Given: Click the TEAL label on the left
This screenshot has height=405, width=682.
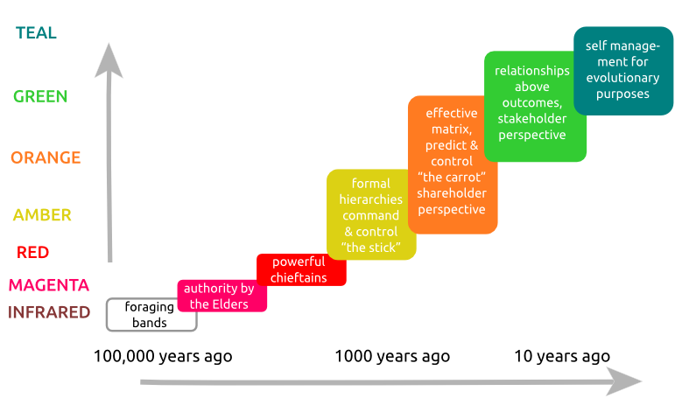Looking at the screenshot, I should coord(36,33).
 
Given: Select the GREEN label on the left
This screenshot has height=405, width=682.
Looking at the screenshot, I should coord(40,96).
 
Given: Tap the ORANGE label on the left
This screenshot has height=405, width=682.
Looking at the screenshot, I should coord(46,158).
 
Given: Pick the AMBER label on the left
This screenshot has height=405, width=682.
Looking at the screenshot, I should coord(42,215).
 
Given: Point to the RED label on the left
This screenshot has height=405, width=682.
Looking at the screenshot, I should coord(33,252).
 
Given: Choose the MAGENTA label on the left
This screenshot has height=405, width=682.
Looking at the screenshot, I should coord(49,284).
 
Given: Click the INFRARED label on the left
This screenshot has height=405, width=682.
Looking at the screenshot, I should coord(49,312).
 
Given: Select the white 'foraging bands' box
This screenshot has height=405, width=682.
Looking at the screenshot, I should coord(151,315).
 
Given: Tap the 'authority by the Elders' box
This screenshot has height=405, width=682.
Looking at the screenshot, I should coord(221,297).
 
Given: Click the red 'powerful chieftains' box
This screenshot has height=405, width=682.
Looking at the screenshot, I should coord(301,269).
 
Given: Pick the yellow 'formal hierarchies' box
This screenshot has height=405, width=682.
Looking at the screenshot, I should coord(370,215).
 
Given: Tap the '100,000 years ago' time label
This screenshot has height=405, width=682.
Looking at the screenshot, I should coord(163,357).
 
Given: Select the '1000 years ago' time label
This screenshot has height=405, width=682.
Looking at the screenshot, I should coord(392,357).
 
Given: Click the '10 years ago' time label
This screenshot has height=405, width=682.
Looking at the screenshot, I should coord(561,357).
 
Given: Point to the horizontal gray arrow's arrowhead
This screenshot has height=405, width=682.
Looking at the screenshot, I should coord(623,381).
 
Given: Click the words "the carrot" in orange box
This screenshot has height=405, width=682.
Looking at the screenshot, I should coord(452,178).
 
